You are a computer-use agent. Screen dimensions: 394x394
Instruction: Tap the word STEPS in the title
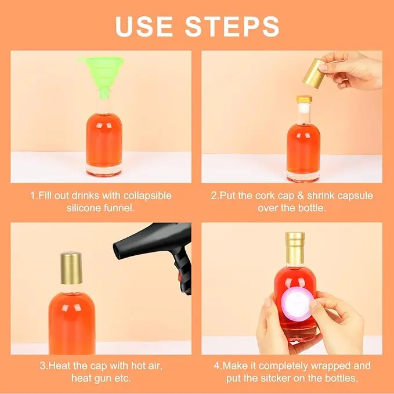(x=232, y=27)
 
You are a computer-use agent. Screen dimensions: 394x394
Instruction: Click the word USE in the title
(x=144, y=27)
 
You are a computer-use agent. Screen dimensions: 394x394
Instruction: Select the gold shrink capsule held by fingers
(x=314, y=73)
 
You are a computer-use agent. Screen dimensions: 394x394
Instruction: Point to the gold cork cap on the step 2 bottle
(x=304, y=99)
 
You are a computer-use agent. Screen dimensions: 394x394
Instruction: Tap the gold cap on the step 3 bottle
(x=71, y=268)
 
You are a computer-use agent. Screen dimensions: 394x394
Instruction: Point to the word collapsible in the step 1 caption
(x=147, y=196)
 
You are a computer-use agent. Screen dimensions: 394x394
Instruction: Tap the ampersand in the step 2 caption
(x=301, y=196)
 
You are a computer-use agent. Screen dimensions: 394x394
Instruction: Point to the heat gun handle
(x=182, y=272)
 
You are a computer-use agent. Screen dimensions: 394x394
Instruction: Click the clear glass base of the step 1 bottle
(x=104, y=171)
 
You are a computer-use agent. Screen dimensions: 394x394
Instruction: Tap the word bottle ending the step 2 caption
(x=312, y=208)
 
